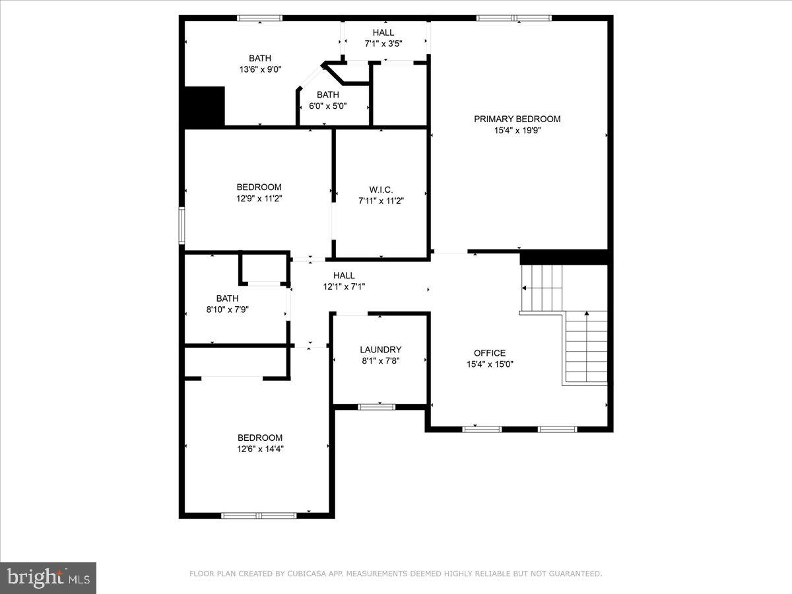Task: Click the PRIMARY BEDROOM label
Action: coord(517,119)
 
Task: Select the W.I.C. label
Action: coord(380,189)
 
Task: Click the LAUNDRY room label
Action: coord(380,350)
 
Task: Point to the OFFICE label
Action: coord(489,353)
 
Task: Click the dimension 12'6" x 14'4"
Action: coord(260,449)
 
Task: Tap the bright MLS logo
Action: coord(48,578)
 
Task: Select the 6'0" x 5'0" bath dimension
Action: coord(327,106)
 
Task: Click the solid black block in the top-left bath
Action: coord(204,106)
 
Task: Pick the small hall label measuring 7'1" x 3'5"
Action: coord(383,32)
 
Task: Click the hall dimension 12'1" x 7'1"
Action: coord(343,286)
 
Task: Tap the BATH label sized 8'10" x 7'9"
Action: coord(227,298)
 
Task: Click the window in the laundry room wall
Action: coord(377,407)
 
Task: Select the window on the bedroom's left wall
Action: coord(182,226)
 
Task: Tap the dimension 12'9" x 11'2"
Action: coord(259,198)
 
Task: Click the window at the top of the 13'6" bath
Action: coord(259,18)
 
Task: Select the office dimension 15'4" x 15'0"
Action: coord(489,364)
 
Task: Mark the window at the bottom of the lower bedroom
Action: coord(259,515)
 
